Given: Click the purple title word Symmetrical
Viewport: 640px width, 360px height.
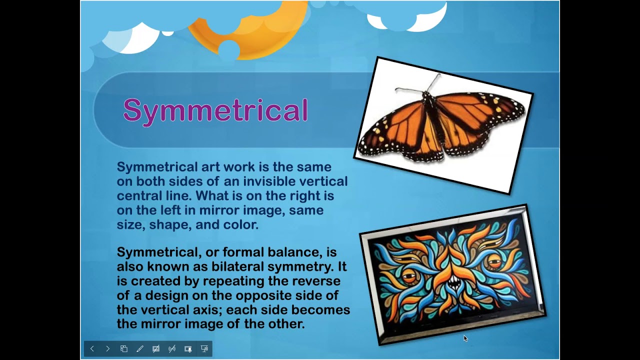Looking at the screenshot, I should click(x=215, y=110).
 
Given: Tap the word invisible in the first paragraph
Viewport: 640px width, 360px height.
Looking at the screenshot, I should click(x=274, y=181).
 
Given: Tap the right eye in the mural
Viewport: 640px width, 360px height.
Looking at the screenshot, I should click(x=494, y=261).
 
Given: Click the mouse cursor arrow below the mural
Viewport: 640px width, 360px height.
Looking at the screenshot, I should click(x=465, y=338).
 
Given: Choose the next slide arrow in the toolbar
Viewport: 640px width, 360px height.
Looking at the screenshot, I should click(x=107, y=349).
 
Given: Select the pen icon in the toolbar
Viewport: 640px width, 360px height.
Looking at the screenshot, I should click(x=140, y=349).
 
